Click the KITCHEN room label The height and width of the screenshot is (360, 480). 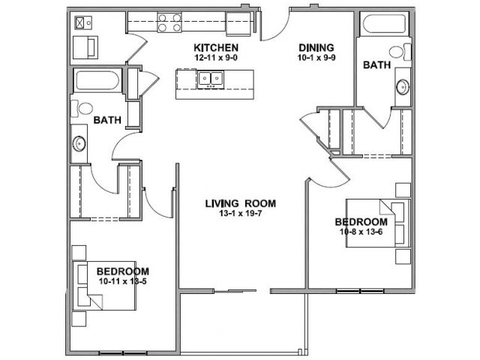216,48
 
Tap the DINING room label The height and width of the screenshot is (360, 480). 316,48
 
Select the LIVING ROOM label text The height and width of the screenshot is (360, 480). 240,203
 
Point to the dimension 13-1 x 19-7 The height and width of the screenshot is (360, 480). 240,213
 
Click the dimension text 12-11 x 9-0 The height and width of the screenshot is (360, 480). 216,58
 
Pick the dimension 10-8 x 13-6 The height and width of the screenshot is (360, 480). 361,232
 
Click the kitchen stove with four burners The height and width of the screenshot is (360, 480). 169,22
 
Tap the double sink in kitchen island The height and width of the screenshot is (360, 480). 210,79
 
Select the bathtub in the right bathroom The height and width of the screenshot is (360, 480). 384,23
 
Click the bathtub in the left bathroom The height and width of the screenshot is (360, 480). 97,80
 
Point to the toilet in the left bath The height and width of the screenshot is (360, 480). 82,108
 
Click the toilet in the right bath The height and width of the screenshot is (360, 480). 400,52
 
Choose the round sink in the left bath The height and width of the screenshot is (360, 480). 79,143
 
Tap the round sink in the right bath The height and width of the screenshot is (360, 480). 402,87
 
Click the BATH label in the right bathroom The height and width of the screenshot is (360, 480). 376,65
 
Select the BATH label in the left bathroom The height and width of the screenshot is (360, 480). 107,120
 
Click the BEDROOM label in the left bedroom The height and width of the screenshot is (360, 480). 123,271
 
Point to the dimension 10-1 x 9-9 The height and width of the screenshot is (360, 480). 316,58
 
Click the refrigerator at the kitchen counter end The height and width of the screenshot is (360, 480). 238,23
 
